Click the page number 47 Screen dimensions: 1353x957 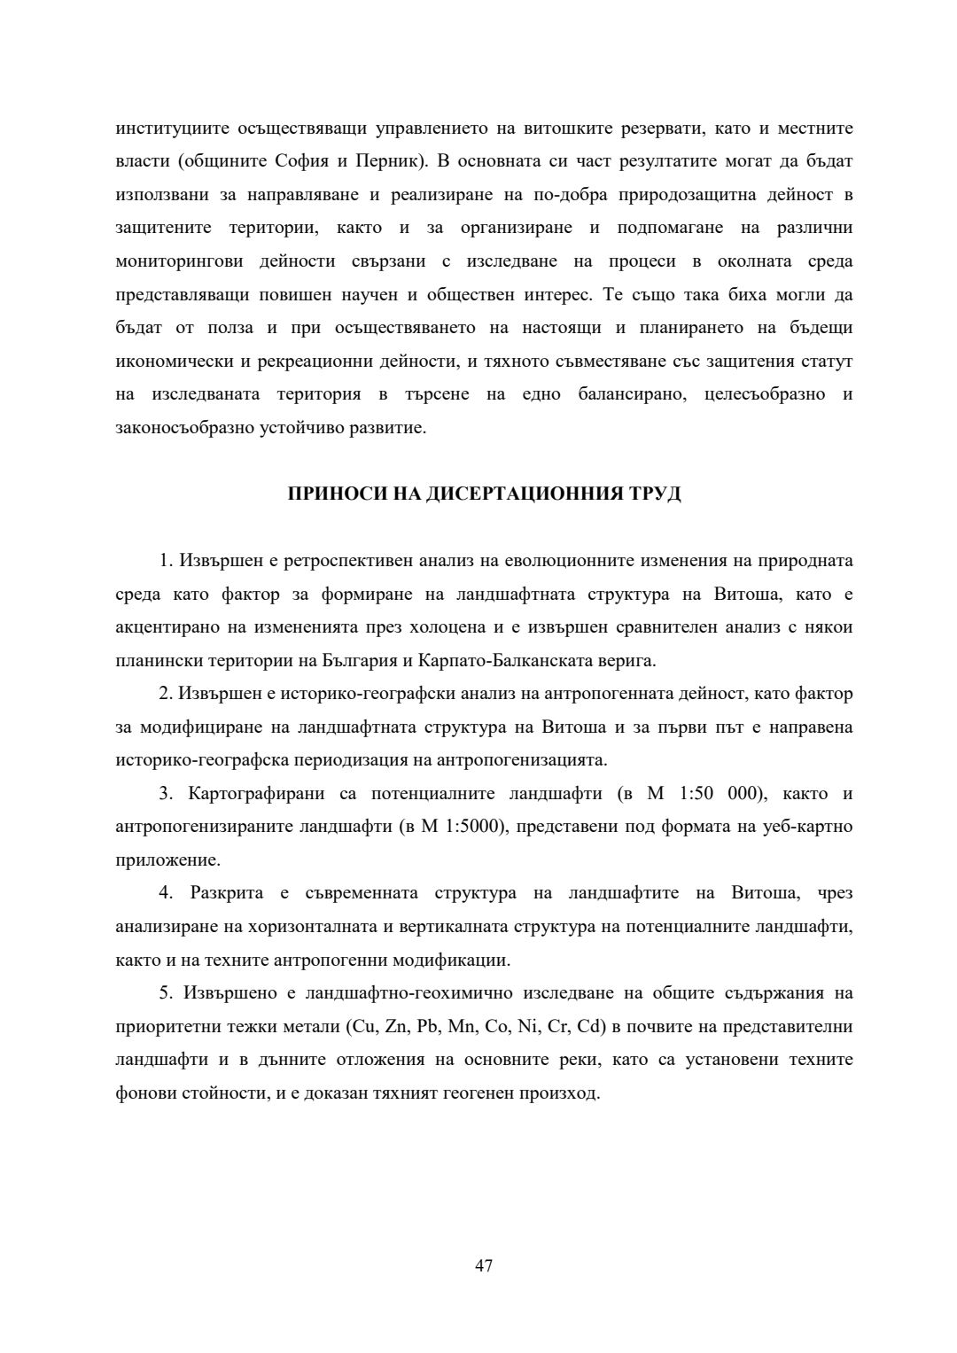484,1265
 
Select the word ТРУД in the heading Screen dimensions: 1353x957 656,494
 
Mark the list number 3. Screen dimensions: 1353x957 165,793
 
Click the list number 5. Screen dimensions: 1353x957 165,992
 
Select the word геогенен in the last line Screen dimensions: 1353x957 504,1093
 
